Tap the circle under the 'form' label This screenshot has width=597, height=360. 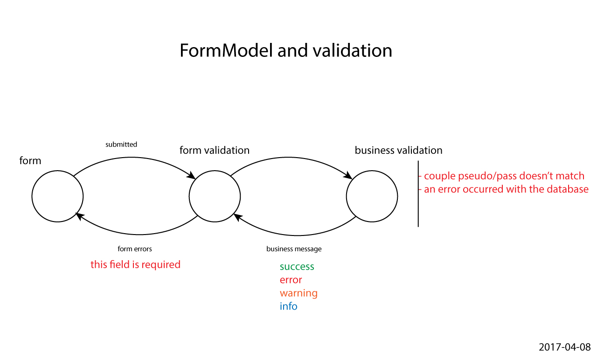pyautogui.click(x=57, y=196)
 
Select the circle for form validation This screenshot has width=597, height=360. pyautogui.click(x=215, y=196)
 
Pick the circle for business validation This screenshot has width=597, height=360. pyautogui.click(x=372, y=196)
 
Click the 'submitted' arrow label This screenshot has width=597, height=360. pyautogui.click(x=121, y=145)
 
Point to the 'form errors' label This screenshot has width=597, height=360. pyautogui.click(x=135, y=249)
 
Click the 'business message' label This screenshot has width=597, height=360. pyautogui.click(x=294, y=249)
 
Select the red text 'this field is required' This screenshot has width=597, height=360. pyautogui.click(x=135, y=265)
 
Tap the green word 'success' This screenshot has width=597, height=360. pyautogui.click(x=297, y=267)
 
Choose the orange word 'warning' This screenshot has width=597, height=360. pyautogui.click(x=298, y=293)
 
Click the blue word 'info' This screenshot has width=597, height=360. pyautogui.click(x=288, y=306)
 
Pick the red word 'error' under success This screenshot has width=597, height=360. pyautogui.click(x=291, y=280)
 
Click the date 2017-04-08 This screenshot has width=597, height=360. pyautogui.click(x=564, y=347)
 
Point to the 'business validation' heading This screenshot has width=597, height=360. pyautogui.click(x=398, y=150)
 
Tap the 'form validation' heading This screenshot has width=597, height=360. pyautogui.click(x=215, y=150)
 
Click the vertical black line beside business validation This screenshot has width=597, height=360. pyautogui.click(x=418, y=194)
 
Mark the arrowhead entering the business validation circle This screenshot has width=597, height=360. pyautogui.click(x=348, y=176)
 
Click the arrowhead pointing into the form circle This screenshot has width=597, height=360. pyautogui.click(x=80, y=215)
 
